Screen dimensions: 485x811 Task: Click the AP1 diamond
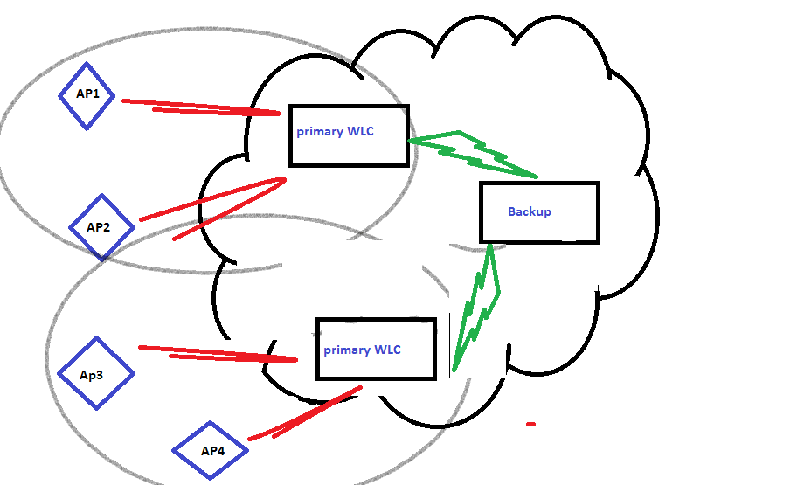pos(87,96)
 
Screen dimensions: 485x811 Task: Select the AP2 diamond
pos(101,227)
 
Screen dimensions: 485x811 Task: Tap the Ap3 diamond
pos(95,373)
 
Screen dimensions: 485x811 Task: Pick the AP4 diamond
pos(211,451)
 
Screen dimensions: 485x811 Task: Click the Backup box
pos(539,212)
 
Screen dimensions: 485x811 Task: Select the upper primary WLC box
pos(349,135)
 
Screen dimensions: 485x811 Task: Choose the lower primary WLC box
pos(376,349)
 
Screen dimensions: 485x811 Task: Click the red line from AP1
pos(201,107)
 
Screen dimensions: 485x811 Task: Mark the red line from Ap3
pos(218,353)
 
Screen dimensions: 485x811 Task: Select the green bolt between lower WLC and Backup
pos(476,306)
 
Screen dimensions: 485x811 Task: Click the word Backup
pos(530,211)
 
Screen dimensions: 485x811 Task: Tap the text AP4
pos(213,451)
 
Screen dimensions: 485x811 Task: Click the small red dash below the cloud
pos(530,425)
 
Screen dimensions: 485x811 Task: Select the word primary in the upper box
pos(320,132)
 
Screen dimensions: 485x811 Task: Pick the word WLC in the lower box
pos(387,350)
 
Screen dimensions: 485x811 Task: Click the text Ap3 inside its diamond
pos(92,375)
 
